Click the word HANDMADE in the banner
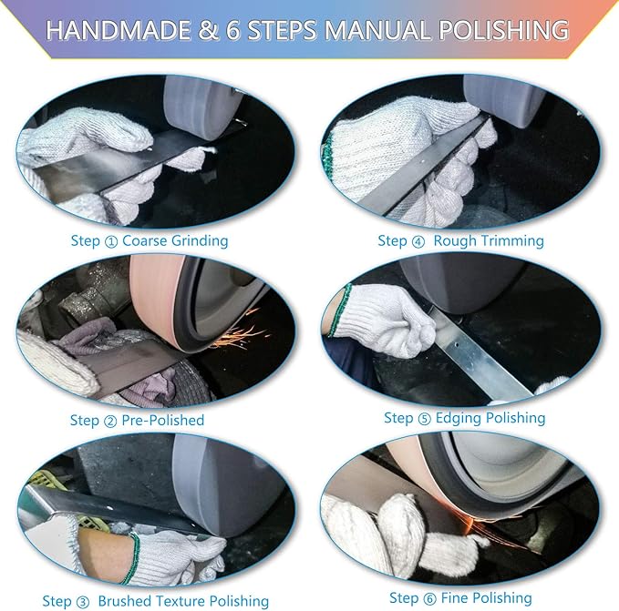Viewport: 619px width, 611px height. [118, 30]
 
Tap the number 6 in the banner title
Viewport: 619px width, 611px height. [232, 30]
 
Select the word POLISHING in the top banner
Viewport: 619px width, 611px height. [504, 30]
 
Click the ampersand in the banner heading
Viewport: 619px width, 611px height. [208, 30]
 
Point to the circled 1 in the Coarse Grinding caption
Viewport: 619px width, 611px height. [111, 241]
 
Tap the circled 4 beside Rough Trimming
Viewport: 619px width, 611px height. [418, 241]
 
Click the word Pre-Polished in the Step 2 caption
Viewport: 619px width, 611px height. [162, 420]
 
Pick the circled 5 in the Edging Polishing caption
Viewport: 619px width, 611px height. [424, 419]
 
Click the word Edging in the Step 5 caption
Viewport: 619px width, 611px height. [459, 418]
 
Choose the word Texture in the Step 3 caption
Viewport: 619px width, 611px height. [180, 601]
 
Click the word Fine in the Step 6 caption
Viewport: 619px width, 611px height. [454, 597]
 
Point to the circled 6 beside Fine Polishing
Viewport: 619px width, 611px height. [429, 599]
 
